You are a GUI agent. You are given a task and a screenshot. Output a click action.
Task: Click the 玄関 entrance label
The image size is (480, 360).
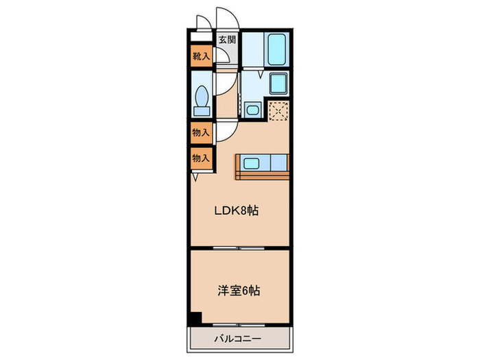(227, 40)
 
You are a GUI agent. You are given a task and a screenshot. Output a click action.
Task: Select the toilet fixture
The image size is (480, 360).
(202, 100)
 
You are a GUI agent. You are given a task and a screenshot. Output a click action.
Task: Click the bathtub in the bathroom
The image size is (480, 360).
(277, 48)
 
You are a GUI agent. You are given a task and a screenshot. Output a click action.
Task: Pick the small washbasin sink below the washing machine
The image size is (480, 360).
(252, 109)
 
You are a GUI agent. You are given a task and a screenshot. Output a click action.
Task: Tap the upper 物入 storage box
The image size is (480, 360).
(201, 132)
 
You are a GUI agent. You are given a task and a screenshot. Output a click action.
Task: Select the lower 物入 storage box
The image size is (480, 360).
(201, 158)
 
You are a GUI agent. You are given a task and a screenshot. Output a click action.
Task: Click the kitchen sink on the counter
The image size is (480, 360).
(251, 163)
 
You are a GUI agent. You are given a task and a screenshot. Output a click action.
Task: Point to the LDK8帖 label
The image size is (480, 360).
(238, 211)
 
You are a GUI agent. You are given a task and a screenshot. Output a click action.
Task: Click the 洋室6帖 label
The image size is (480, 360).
(238, 290)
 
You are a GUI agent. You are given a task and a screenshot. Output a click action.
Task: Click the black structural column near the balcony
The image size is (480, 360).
(195, 319)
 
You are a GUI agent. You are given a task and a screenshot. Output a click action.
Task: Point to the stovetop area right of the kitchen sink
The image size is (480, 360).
(278, 163)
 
